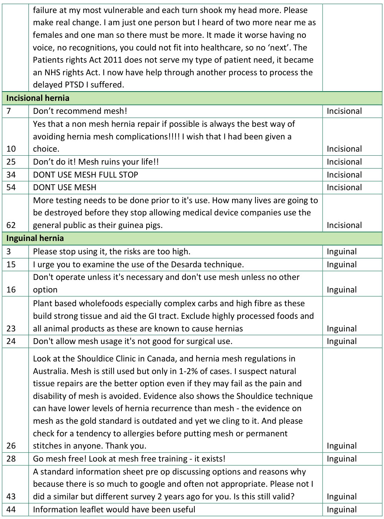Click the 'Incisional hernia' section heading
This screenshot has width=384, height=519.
coord(38,98)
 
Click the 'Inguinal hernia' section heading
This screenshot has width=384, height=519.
coord(35,238)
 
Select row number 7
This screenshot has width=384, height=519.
coord(9,111)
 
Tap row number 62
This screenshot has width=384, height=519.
coord(11,225)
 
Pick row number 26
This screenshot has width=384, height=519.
coord(11,446)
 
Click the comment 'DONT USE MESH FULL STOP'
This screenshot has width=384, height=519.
coord(86,175)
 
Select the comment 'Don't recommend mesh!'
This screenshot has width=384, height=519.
coord(80,111)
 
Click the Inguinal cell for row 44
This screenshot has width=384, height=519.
coord(342,509)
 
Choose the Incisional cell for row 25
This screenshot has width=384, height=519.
coord(344,162)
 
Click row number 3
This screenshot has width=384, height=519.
coord(9,252)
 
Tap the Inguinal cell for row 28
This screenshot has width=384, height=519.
coord(342,459)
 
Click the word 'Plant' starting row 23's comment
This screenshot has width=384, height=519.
coord(42,303)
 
